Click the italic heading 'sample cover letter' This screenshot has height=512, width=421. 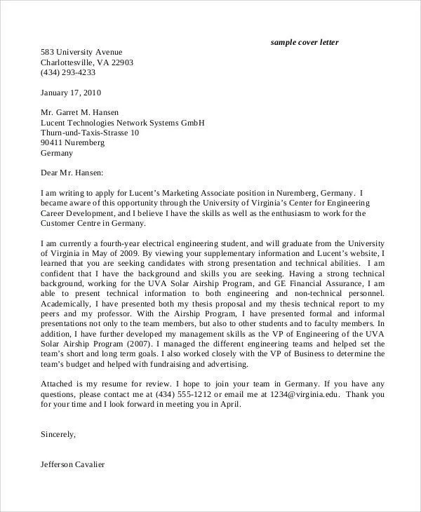305,43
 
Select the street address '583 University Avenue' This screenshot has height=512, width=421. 81,52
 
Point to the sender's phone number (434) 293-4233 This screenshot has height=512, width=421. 68,72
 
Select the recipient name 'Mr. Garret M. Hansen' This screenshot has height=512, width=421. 79,112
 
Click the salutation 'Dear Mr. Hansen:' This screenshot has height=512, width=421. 72,173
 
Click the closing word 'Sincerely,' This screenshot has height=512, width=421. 58,435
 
